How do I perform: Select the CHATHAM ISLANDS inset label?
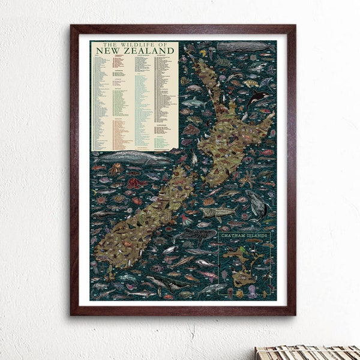click(x=243, y=237)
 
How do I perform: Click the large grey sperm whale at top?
click(x=243, y=47)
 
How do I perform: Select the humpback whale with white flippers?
click(x=258, y=204)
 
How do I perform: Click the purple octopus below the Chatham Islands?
click(x=252, y=292)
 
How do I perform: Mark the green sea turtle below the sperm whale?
click(x=223, y=62)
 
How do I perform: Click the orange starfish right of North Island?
click(x=246, y=178)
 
